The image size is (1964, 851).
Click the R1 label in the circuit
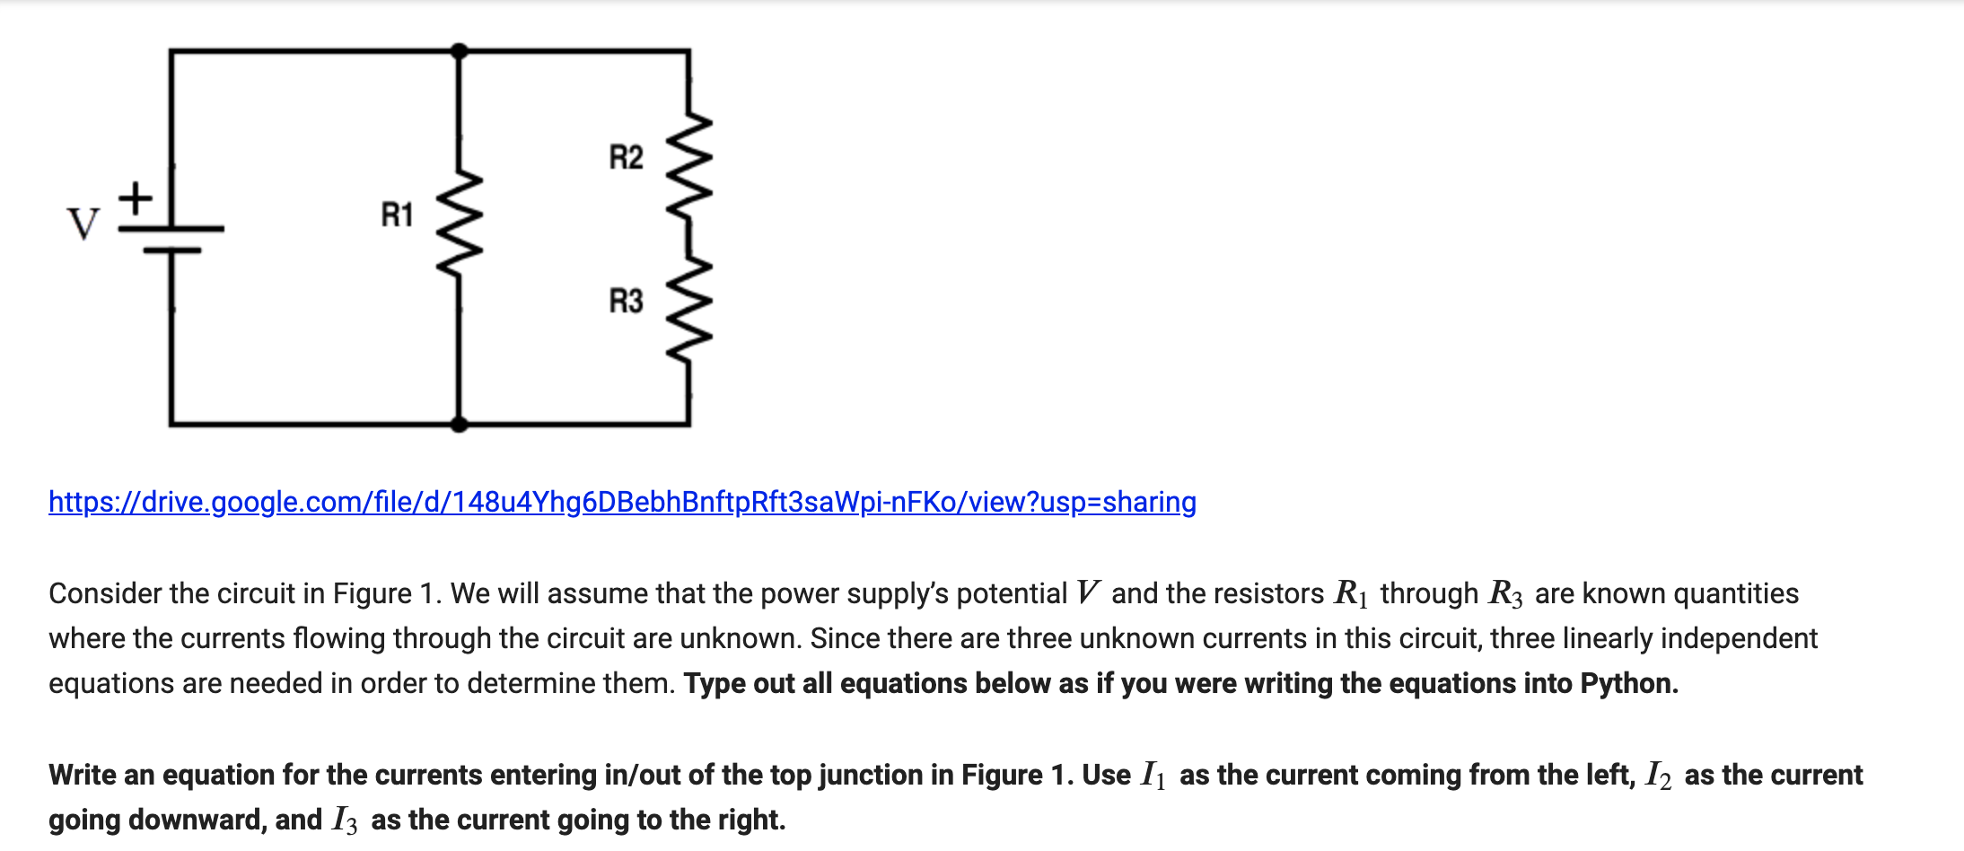tap(397, 215)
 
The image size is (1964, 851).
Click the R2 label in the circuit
tap(626, 157)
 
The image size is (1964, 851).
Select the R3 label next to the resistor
tap(626, 301)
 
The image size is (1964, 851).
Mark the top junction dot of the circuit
tap(459, 51)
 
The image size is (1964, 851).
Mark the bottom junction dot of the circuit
tap(459, 424)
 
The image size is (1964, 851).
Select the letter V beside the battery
tap(83, 224)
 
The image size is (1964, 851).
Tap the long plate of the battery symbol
tap(171, 229)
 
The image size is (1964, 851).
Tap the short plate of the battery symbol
tap(171, 250)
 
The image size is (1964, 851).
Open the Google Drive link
tap(622, 502)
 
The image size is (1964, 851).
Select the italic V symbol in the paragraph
tap(1088, 593)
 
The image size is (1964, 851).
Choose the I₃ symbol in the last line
tap(345, 820)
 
